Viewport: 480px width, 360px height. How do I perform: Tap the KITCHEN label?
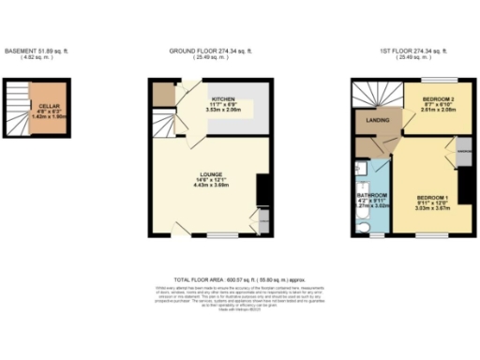pyautogui.click(x=223, y=97)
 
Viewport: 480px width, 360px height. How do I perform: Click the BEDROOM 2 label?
pyautogui.click(x=439, y=98)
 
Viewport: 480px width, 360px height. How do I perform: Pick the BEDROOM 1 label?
pyautogui.click(x=433, y=196)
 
